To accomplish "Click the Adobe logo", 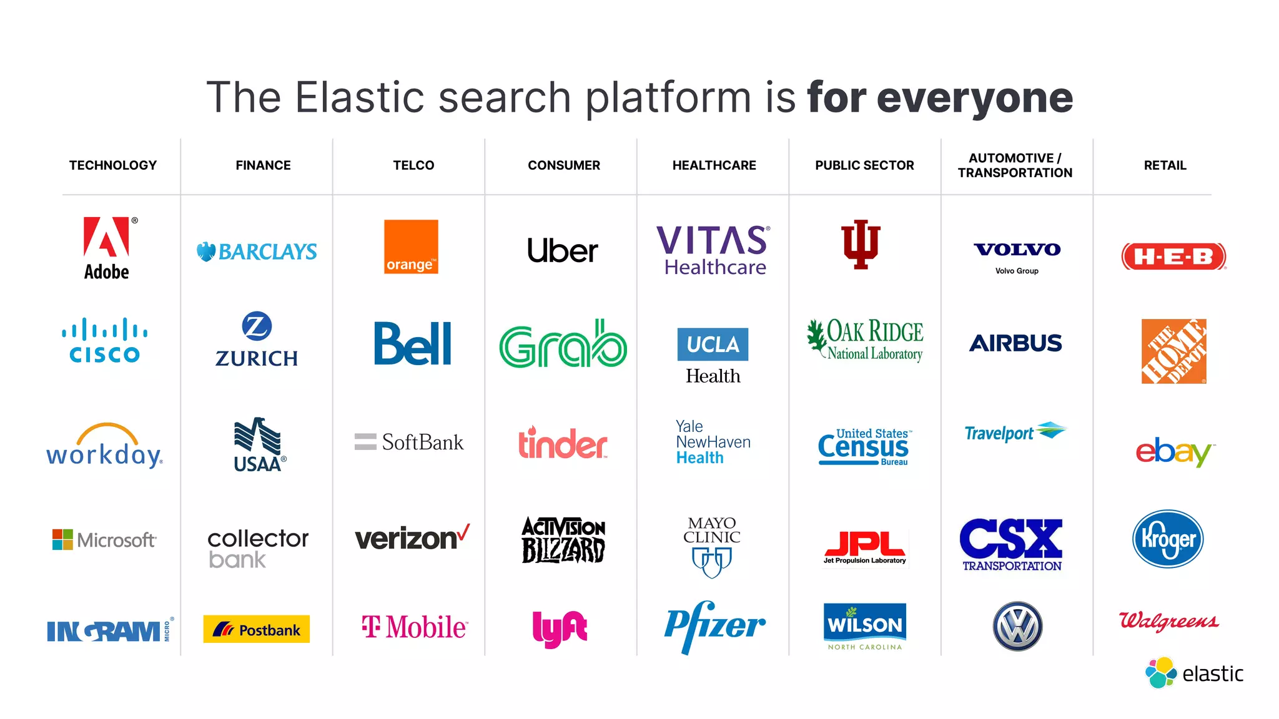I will coord(107,248).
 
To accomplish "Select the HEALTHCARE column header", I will coord(714,165).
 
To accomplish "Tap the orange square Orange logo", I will coord(411,247).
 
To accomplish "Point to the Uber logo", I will coord(563,251).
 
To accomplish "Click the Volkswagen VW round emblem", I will coord(1017,626).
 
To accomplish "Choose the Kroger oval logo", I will coord(1168,539).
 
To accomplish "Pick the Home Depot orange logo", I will coord(1173,351).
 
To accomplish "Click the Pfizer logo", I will coord(714,626).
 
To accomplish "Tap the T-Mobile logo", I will coord(414,627).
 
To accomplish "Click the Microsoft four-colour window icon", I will coord(62,539).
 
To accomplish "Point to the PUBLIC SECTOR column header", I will coord(864,165).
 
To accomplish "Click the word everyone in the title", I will coord(975,98).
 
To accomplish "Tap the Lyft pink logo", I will coord(560,629).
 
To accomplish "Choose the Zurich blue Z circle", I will coord(257,326).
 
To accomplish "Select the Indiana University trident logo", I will coord(861,244).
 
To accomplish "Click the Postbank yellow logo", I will coord(257,629).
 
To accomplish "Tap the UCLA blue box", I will coord(713,345).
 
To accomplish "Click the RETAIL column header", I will coord(1165,165).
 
